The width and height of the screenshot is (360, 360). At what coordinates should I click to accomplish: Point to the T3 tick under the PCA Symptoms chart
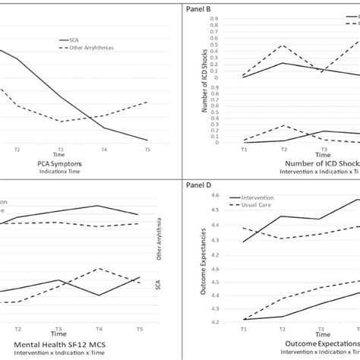[x=60, y=150]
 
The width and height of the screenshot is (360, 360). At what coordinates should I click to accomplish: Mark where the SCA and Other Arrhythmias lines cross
[x=93, y=118]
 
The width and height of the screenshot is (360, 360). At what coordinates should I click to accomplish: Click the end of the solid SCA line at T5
[x=147, y=141]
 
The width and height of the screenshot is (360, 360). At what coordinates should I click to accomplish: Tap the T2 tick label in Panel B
[x=283, y=150]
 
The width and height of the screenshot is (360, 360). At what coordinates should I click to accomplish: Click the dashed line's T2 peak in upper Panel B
[x=283, y=45]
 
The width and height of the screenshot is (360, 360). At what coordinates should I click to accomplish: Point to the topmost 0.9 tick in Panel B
[x=216, y=17]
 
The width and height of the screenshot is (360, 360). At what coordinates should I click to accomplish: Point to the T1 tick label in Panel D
[x=243, y=330]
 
